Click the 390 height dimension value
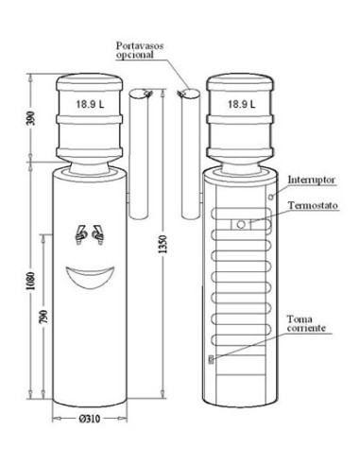31,118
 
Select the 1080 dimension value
31,281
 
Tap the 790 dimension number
43,318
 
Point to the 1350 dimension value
163,244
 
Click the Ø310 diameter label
90,419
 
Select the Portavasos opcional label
140,50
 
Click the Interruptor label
312,180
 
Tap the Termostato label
313,205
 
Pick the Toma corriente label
306,323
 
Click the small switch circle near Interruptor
271,197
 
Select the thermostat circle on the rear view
241,225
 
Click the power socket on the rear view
211,359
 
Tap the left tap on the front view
80,234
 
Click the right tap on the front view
98,234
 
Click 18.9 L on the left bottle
90,104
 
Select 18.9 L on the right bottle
242,104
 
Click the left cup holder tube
139,154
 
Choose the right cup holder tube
191,154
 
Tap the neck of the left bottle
90,167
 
